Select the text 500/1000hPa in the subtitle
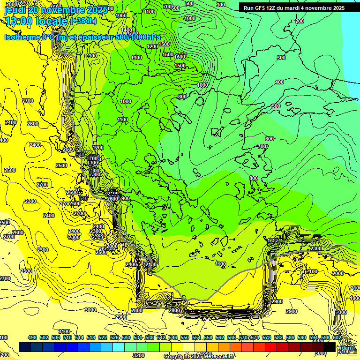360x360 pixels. [x=140, y=37]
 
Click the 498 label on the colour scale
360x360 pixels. [x=32, y=338]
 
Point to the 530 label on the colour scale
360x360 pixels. [x=126, y=338]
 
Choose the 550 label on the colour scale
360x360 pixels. [x=185, y=338]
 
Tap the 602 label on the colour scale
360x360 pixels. [x=337, y=338]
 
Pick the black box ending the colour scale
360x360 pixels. [x=330, y=347]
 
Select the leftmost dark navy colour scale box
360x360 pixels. [x=25, y=347]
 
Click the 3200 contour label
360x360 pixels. [x=138, y=355]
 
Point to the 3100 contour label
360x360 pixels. [x=64, y=332]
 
